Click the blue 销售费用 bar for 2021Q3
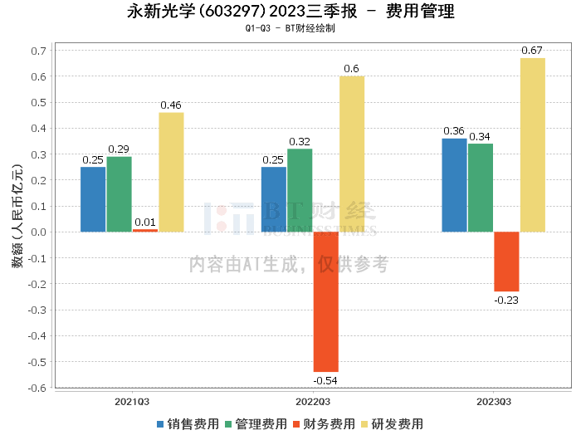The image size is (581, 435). pyautogui.click(x=93, y=199)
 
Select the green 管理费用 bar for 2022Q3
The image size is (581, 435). pyautogui.click(x=300, y=190)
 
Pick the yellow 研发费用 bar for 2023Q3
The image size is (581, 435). pyautogui.click(x=533, y=145)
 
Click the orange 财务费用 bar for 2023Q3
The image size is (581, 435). pyautogui.click(x=506, y=261)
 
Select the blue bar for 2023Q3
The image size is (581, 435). pyautogui.click(x=454, y=185)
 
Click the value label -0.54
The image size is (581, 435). pyautogui.click(x=325, y=380)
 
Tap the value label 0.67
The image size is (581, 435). pyautogui.click(x=532, y=51)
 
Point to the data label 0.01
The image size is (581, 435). pyautogui.click(x=145, y=222)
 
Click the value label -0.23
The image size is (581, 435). pyautogui.click(x=506, y=300)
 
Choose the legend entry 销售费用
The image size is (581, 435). pyautogui.click(x=187, y=424)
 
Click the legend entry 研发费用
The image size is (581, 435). pyautogui.click(x=393, y=424)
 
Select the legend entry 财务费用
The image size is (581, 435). pyautogui.click(x=325, y=424)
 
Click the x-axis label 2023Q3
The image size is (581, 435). pyautogui.click(x=494, y=401)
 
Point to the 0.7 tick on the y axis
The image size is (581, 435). pyautogui.click(x=38, y=51)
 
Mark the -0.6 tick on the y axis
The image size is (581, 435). pyautogui.click(x=37, y=388)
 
